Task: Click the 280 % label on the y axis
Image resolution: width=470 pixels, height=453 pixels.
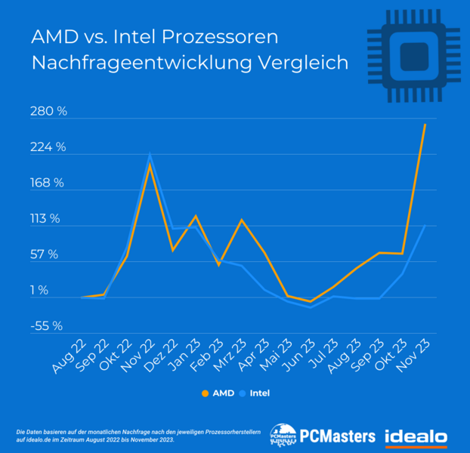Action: point(49,112)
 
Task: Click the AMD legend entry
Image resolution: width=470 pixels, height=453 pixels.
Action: point(218,393)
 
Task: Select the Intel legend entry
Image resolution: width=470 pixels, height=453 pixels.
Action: point(255,393)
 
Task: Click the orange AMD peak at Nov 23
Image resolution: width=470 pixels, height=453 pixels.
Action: point(425,125)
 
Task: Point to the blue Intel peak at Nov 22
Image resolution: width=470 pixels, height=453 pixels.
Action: point(150,156)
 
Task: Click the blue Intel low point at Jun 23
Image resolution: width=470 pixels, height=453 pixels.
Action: point(311,308)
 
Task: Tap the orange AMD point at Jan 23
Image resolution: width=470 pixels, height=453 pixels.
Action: point(196,216)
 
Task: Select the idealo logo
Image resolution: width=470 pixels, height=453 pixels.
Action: point(416,436)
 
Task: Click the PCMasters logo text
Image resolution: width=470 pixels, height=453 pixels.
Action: point(337,436)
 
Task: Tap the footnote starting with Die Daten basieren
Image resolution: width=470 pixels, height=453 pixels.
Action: point(98,435)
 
